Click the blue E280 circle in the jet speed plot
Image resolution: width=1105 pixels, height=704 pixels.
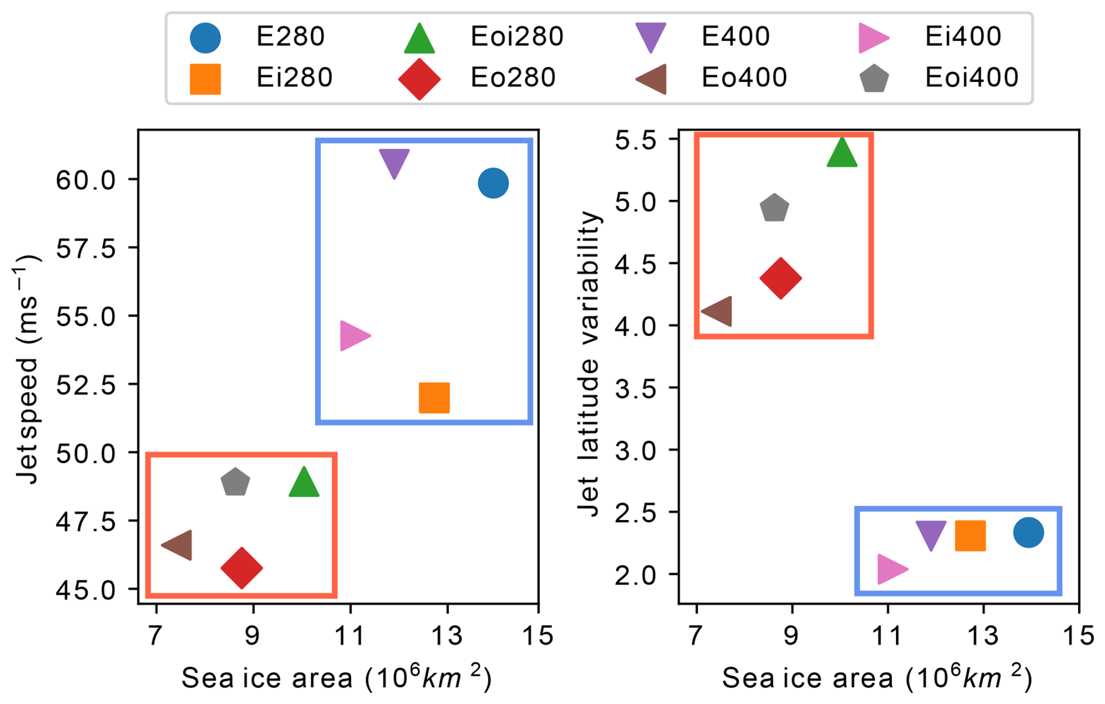tap(493, 183)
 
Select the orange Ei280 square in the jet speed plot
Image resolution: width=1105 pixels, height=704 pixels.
tap(434, 398)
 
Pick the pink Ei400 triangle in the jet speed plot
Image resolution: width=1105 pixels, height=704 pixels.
tap(353, 336)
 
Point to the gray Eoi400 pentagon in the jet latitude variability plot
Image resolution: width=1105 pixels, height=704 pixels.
tap(774, 208)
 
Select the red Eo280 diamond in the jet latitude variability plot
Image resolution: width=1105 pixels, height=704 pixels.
tap(781, 278)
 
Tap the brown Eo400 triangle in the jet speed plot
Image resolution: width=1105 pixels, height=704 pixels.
tap(179, 545)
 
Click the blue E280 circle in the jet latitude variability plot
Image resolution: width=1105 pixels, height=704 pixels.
tap(1028, 532)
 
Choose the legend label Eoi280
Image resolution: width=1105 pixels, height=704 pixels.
tap(517, 37)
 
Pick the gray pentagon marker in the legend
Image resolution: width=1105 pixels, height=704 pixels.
tap(874, 78)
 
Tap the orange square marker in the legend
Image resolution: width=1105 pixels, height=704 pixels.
tap(206, 79)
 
